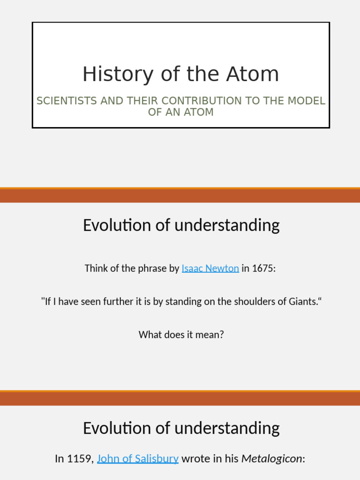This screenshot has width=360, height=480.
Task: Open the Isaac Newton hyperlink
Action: [210, 269]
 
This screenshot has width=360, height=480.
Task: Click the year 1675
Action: [264, 269]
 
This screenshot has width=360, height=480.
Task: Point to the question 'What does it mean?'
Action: [181, 335]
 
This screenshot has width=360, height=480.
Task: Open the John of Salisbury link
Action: [138, 458]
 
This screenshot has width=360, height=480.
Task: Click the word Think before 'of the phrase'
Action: [96, 269]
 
